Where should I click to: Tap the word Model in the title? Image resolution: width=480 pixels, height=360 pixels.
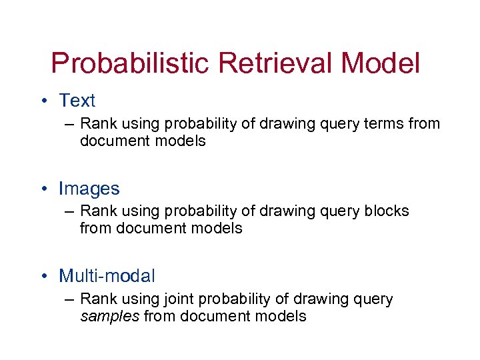pos(381,64)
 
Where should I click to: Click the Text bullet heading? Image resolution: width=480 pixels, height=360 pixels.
pos(77,101)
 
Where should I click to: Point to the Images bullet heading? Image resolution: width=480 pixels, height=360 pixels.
pos(89,189)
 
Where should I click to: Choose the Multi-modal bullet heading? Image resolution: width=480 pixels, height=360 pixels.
pos(107,275)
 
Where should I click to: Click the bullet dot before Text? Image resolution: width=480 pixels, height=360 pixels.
pos(43,101)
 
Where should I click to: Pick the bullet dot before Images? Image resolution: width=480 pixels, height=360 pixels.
pos(43,189)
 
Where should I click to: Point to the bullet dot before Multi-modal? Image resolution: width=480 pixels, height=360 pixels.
pos(43,275)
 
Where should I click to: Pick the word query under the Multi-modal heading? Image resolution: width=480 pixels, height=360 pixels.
pos(373,299)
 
